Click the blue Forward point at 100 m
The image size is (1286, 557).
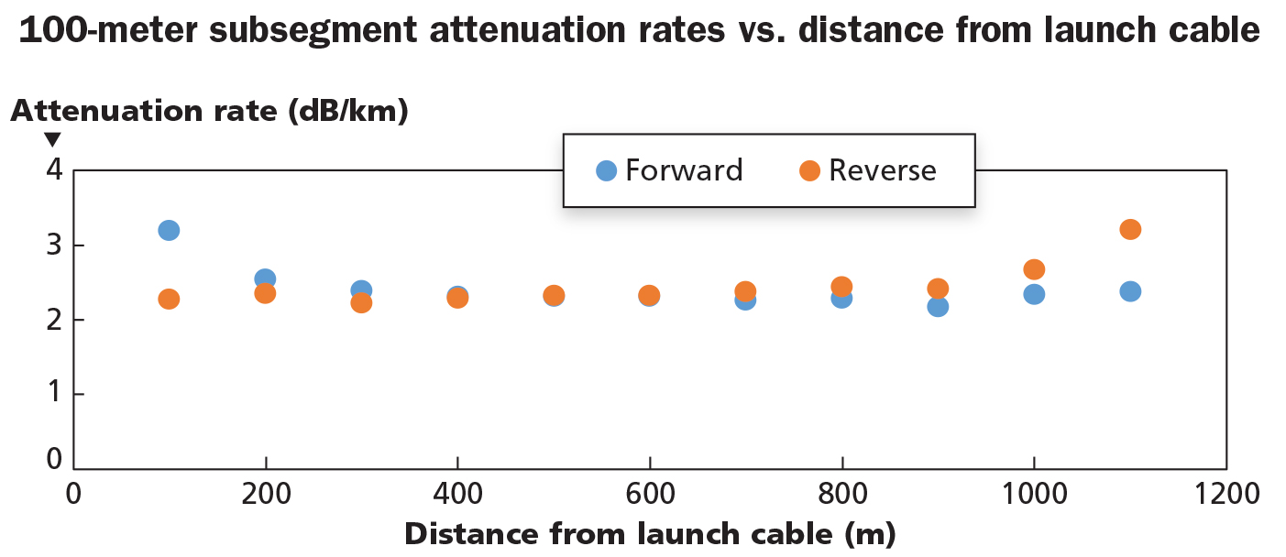[169, 230]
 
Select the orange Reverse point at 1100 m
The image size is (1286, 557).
[1130, 229]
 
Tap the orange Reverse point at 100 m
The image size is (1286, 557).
[169, 299]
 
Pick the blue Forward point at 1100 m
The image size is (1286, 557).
[1130, 291]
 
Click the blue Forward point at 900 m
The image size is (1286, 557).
[938, 306]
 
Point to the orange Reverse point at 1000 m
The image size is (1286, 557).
[1034, 269]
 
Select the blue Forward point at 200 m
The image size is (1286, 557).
[265, 278]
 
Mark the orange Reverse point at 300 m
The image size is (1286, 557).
[361, 302]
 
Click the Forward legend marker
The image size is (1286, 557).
[606, 170]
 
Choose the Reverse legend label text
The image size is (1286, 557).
[882, 170]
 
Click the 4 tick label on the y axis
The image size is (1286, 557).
[53, 170]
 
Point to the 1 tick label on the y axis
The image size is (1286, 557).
[53, 394]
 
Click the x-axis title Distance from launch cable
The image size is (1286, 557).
[649, 534]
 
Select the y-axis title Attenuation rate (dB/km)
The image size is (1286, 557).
[209, 111]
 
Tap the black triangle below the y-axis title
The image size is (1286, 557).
[53, 140]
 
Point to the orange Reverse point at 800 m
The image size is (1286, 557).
[841, 287]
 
